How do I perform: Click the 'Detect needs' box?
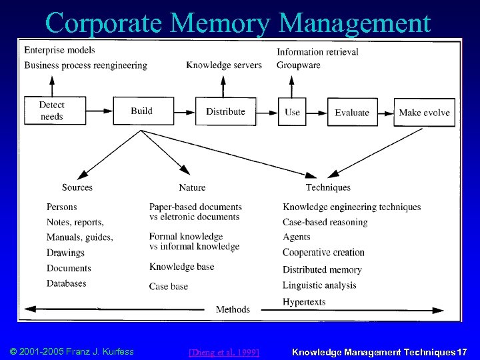tap(51, 111)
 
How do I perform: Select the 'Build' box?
tap(142, 111)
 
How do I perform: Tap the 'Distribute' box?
tap(225, 111)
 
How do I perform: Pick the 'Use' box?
tap(292, 112)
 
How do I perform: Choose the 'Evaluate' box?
tap(352, 112)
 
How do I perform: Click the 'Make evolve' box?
tap(424, 112)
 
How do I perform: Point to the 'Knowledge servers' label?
tap(224, 65)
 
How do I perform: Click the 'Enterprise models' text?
tap(59, 50)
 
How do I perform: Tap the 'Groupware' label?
tap(299, 65)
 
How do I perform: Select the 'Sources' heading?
tap(77, 187)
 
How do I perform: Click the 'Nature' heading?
tap(192, 187)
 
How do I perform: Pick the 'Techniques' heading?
tap(328, 187)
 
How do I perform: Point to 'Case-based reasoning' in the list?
tap(325, 222)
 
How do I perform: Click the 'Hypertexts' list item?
tap(304, 301)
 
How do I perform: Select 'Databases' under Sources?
tap(67, 283)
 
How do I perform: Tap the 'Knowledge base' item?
tap(181, 267)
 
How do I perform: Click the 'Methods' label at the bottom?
tap(233, 309)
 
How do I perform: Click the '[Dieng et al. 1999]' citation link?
tap(224, 351)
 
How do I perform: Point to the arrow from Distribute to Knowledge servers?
tap(223, 85)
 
